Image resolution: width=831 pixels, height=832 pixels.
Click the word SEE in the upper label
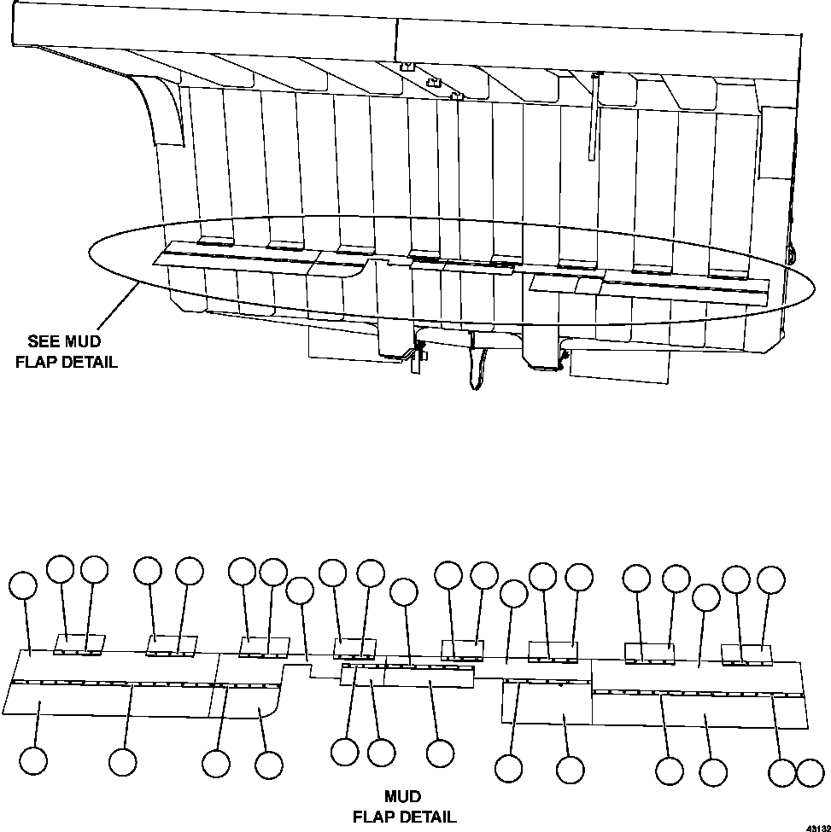(44, 342)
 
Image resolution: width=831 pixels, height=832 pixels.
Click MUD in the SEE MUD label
(85, 342)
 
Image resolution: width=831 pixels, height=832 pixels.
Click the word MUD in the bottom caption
(402, 797)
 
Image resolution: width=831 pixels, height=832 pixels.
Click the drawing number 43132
(816, 827)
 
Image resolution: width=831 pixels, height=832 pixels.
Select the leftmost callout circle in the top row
(23, 586)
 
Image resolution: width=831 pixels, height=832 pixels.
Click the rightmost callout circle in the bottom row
(810, 773)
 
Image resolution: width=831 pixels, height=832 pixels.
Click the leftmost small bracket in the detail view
(79, 644)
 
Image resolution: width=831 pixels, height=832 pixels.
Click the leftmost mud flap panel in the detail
(102, 700)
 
